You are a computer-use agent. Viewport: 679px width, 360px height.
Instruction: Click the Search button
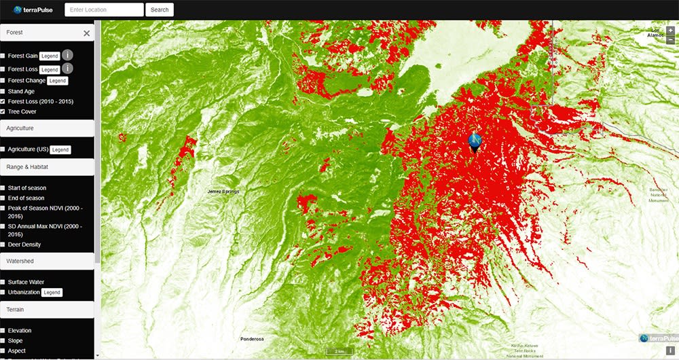click(x=160, y=10)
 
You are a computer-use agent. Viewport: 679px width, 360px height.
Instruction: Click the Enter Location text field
click(x=104, y=10)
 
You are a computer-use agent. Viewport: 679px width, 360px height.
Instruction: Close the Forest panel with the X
click(x=86, y=33)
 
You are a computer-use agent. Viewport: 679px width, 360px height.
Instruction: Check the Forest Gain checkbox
click(x=3, y=56)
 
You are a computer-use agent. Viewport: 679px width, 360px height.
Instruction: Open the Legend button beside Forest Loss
click(x=50, y=69)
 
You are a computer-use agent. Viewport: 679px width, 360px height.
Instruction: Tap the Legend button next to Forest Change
click(x=58, y=81)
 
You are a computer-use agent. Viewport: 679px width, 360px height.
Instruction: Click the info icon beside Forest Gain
click(x=68, y=55)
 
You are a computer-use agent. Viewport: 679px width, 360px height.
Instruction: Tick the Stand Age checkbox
click(x=3, y=91)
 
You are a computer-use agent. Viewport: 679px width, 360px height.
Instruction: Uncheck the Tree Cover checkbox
click(x=3, y=111)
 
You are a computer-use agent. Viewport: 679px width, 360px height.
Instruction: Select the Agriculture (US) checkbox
click(x=3, y=149)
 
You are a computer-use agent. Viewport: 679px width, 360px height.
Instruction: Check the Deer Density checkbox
click(x=3, y=245)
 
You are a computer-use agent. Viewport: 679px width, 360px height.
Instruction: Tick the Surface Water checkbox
click(x=3, y=282)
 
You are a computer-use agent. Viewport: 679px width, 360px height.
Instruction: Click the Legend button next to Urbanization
click(x=52, y=293)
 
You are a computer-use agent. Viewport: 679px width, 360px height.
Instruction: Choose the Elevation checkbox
click(x=3, y=331)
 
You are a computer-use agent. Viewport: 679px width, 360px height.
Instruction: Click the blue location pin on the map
click(x=475, y=141)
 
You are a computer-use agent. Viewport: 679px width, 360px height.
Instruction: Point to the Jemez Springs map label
click(x=223, y=192)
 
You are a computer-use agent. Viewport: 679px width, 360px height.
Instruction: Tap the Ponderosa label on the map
click(x=251, y=339)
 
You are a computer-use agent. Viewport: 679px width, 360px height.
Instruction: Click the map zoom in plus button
click(x=671, y=31)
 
